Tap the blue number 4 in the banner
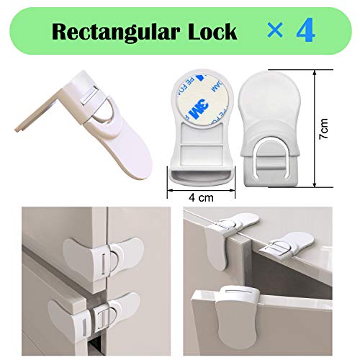[x=303, y=32]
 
